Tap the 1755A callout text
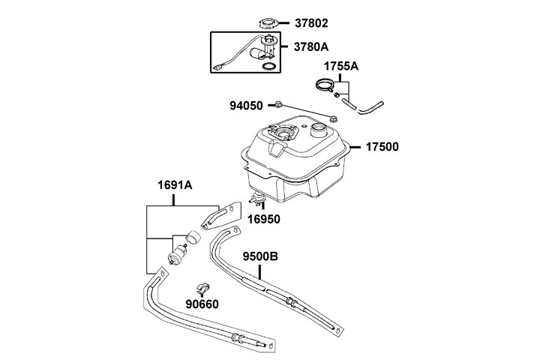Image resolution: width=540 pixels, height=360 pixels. pyautogui.click(x=341, y=67)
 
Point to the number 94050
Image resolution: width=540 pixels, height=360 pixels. pyautogui.click(x=246, y=106)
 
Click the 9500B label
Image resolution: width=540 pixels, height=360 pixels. pyautogui.click(x=260, y=256)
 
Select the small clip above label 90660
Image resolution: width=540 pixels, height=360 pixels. pyautogui.click(x=202, y=287)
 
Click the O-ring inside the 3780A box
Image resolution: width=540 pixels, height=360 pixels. pyautogui.click(x=266, y=68)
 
